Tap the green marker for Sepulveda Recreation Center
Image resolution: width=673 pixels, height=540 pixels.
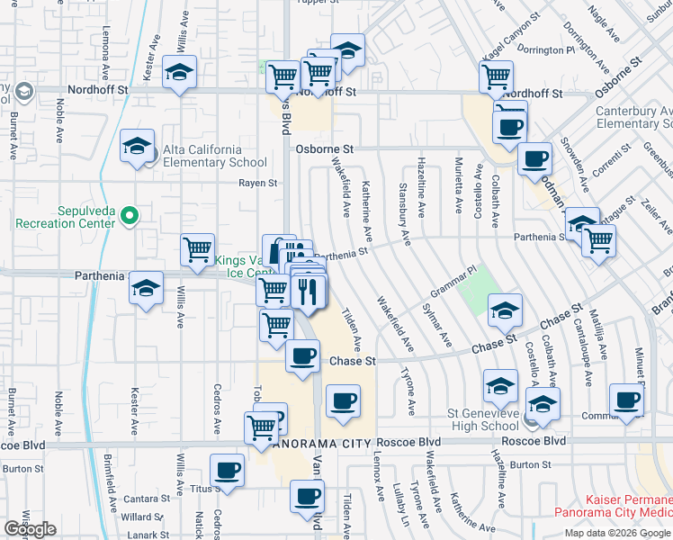pyautogui.click(x=129, y=215)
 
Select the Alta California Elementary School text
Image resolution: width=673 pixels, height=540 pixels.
pyautogui.click(x=215, y=156)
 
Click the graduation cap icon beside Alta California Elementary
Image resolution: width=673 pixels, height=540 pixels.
pyautogui.click(x=138, y=148)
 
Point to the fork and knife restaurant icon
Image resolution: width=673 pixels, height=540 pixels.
pyautogui.click(x=308, y=292)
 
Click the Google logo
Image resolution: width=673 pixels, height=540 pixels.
pyautogui.click(x=30, y=529)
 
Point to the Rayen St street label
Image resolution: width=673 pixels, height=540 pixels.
pyautogui.click(x=257, y=183)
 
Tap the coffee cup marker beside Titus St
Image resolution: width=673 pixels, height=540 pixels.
pyautogui.click(x=227, y=471)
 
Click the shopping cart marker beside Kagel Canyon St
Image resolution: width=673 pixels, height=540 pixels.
pyautogui.click(x=496, y=77)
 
